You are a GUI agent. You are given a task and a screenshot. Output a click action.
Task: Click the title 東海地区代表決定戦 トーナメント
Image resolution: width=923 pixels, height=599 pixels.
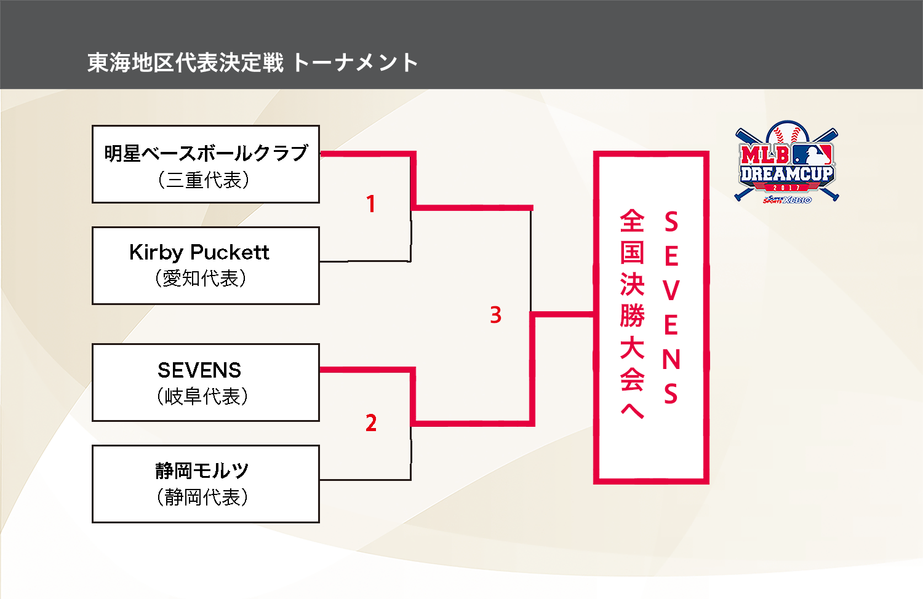click(x=252, y=63)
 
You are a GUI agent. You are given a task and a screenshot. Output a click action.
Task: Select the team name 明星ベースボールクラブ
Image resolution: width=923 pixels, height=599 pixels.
click(x=206, y=153)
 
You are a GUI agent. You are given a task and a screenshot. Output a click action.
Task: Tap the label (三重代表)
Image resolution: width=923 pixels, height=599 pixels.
click(x=204, y=180)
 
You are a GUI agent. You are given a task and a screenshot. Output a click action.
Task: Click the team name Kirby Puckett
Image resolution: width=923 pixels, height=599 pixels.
click(x=199, y=252)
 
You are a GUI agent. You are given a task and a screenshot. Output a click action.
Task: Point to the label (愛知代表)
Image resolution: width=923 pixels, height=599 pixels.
click(x=201, y=279)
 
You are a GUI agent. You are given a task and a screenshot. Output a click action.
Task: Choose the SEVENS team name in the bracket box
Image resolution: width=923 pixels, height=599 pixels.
click(x=199, y=370)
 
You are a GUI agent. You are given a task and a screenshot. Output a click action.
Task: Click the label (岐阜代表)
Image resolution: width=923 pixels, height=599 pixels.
click(x=202, y=397)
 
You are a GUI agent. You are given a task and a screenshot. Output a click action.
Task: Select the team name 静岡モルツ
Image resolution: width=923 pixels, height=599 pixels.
click(x=202, y=471)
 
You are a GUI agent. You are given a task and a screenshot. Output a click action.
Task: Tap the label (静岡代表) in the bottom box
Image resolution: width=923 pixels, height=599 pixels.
click(x=202, y=497)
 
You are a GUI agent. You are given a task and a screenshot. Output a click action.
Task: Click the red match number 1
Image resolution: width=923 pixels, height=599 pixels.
click(x=370, y=204)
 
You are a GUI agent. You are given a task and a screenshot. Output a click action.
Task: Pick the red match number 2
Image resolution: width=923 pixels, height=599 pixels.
click(x=370, y=423)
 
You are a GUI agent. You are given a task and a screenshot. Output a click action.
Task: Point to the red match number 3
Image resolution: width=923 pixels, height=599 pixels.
click(x=495, y=315)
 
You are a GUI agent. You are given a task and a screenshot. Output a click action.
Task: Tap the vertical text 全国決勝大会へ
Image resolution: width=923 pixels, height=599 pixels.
click(x=632, y=314)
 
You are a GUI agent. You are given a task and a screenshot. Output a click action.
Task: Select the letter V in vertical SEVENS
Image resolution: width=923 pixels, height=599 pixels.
click(x=671, y=290)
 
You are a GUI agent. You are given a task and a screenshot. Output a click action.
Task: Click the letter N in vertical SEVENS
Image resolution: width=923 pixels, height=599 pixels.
click(x=671, y=359)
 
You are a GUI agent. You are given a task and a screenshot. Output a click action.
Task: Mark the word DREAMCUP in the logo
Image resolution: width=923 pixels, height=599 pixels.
click(x=786, y=174)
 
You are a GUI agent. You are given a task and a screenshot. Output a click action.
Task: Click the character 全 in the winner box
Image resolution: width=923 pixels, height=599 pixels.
click(x=632, y=221)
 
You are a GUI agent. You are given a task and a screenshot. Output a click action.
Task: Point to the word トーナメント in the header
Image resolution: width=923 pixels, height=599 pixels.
click(x=355, y=63)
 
